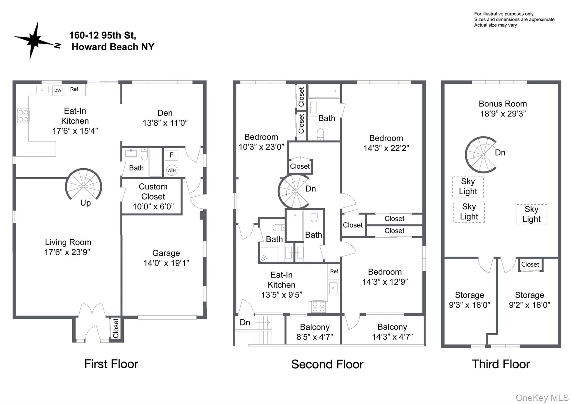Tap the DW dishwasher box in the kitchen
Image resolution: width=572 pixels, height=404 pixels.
[58, 90]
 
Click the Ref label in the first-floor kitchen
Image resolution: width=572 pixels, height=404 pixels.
[74, 89]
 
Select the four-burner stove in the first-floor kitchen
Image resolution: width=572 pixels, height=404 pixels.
[23, 116]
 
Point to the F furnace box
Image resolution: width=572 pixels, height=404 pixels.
[171, 155]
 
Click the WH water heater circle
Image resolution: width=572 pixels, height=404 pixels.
[171, 170]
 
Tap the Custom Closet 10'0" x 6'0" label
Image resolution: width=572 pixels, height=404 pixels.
[153, 197]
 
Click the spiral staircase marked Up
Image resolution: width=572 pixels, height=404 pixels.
[84, 186]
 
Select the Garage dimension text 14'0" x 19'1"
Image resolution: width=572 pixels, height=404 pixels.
[166, 263]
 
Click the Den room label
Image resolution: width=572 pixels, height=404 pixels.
[165, 113]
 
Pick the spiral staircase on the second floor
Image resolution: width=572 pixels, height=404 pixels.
[295, 191]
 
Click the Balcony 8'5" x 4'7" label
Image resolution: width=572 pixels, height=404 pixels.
[315, 332]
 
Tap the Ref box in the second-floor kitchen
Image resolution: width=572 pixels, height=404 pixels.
[334, 271]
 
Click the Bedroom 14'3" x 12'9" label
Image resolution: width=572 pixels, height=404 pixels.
[385, 277]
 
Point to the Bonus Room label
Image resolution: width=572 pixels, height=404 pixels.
[503, 104]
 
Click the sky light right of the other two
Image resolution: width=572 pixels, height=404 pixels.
[531, 214]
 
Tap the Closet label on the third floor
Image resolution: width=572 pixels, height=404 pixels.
[530, 264]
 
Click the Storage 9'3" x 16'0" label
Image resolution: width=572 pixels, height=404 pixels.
[469, 300]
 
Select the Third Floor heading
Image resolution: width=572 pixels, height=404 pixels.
[501, 364]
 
